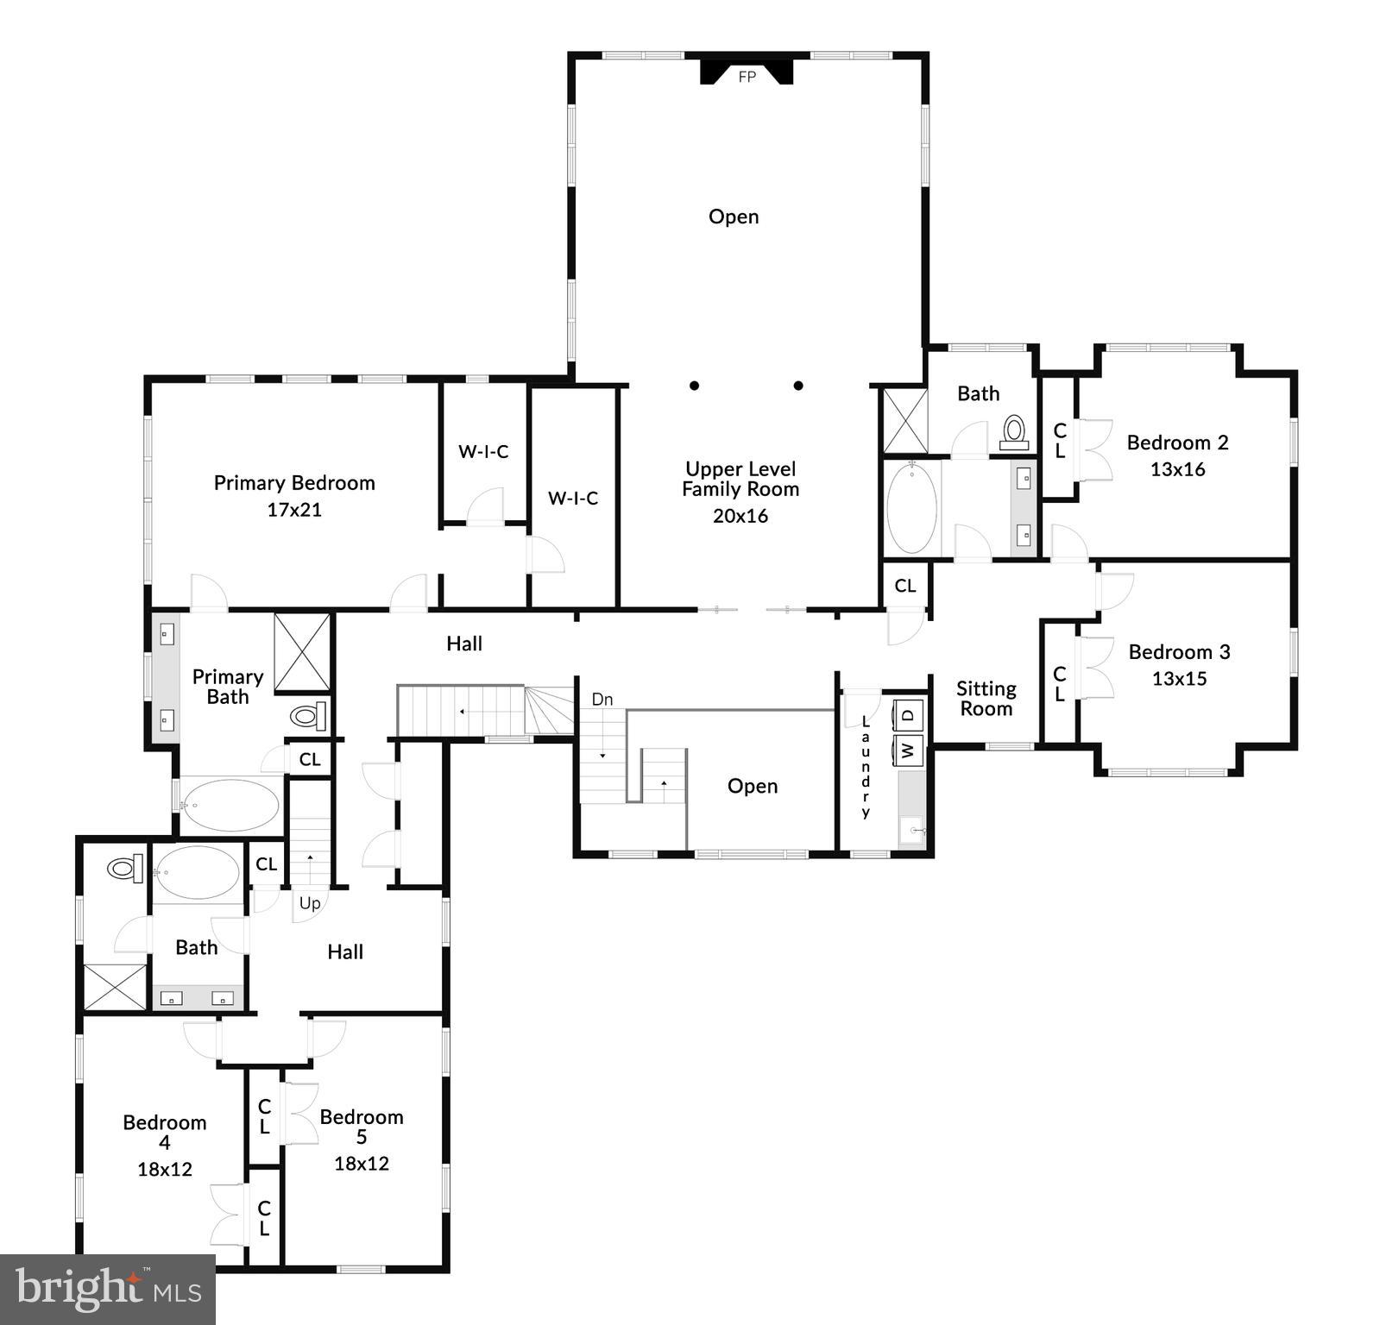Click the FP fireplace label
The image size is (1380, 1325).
747,77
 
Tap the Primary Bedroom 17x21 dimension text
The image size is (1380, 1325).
294,510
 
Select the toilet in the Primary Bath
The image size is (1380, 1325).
307,716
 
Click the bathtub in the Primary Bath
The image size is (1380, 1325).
230,805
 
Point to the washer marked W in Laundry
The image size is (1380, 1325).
908,749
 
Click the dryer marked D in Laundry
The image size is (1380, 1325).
908,714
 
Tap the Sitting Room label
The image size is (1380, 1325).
986,699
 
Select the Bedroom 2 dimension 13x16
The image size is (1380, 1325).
1177,469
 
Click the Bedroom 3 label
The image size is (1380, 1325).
1179,652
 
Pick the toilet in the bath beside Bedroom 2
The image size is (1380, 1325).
1014,430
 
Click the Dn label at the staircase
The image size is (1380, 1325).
602,699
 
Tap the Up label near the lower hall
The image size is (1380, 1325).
310,903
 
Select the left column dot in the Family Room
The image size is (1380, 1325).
694,386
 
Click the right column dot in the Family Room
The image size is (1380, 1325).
798,386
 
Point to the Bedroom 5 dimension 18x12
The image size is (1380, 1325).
362,1164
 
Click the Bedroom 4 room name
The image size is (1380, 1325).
164,1132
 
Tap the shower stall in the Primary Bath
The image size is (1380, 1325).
302,652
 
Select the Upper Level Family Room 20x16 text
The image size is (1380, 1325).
740,516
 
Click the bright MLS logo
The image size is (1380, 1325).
107,1290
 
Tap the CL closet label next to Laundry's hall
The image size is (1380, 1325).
904,586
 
